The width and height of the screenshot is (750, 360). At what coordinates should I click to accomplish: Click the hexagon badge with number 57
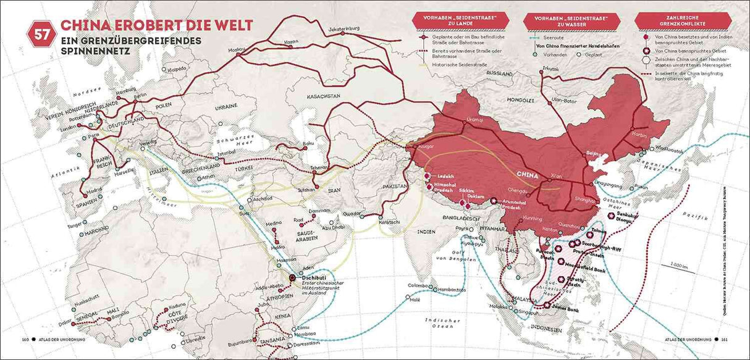tap(41, 35)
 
